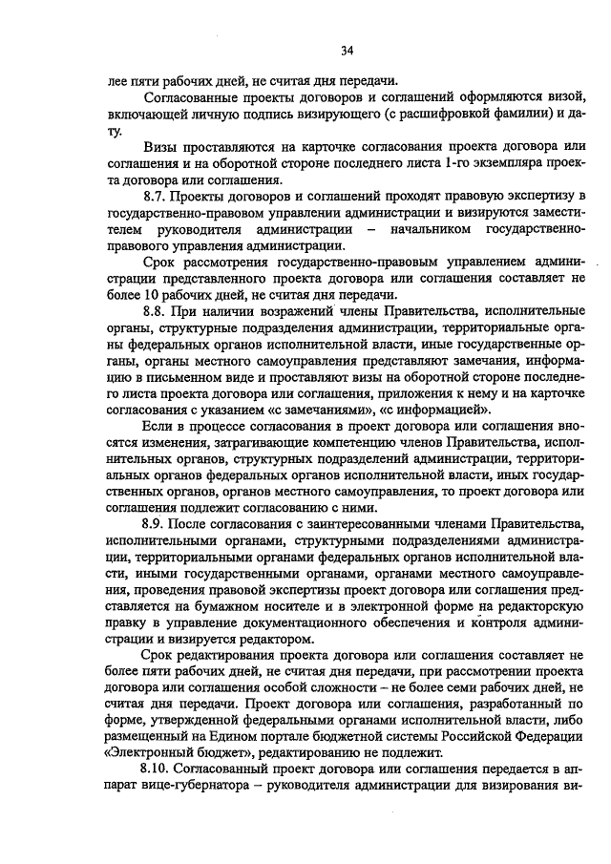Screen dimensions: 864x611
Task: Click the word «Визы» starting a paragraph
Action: click(163, 147)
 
